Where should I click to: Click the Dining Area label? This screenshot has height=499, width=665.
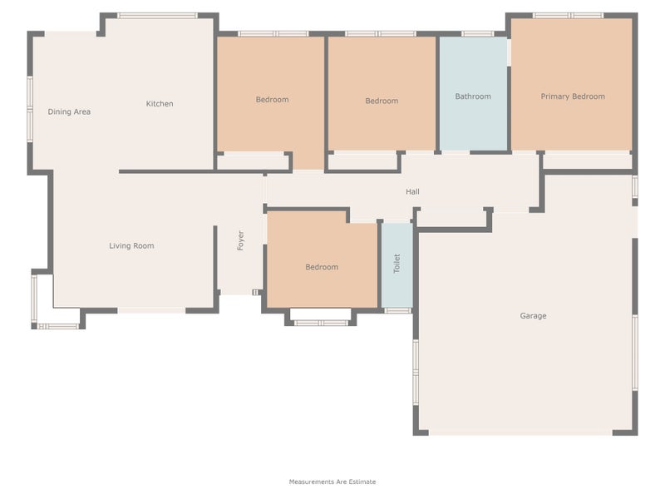(x=69, y=111)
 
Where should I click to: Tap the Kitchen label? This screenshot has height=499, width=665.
(x=160, y=104)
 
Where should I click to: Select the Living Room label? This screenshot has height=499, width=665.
(x=131, y=245)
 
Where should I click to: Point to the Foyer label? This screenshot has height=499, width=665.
(x=240, y=241)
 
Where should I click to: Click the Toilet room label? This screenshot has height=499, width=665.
(x=397, y=264)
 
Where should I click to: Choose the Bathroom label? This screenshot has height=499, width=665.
(x=473, y=96)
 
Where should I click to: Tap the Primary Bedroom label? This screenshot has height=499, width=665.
(x=573, y=96)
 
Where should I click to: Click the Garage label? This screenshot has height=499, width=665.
(x=533, y=316)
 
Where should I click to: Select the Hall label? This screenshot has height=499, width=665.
(x=412, y=192)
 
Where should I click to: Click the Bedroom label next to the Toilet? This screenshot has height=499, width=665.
(x=322, y=267)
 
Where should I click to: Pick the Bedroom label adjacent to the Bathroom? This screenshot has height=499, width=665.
(x=382, y=101)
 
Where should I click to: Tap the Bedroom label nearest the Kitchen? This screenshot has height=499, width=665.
(x=272, y=100)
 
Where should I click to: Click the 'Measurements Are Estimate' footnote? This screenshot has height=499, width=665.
(x=332, y=482)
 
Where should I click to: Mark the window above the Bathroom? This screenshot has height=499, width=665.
(x=477, y=34)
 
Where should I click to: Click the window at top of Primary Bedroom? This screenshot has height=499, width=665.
(x=568, y=15)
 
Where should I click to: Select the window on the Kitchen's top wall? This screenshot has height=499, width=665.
(x=157, y=15)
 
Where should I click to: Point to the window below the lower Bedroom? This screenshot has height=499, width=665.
(x=321, y=322)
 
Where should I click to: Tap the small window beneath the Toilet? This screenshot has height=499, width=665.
(x=397, y=311)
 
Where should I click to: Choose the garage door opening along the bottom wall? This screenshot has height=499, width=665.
(x=520, y=432)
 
